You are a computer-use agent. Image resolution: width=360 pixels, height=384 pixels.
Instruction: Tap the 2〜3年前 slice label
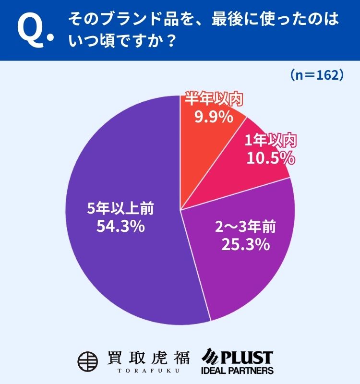[245, 227]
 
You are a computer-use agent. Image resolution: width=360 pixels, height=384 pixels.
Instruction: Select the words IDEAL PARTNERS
[237, 371]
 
